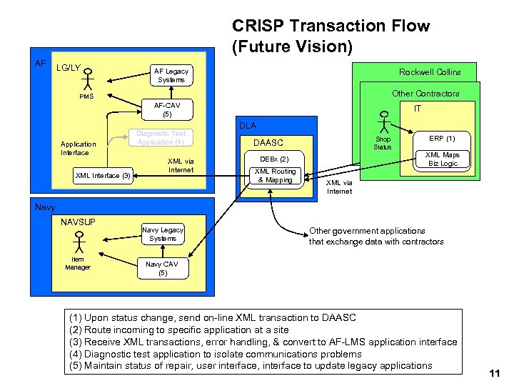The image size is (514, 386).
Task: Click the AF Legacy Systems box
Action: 171,76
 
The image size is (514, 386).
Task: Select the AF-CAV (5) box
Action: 167,109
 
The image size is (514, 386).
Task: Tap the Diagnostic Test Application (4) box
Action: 161,137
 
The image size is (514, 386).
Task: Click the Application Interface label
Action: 75,148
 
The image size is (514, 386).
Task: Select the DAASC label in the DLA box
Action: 268,143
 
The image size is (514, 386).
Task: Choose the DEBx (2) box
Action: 274,159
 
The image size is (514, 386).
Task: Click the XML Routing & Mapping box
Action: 275,176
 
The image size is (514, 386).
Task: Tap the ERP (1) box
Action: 442,138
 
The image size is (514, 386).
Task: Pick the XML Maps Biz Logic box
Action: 443,159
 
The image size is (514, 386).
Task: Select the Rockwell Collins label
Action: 430,72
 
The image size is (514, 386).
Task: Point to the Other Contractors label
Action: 425,94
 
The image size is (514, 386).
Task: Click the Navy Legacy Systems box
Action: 163,234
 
